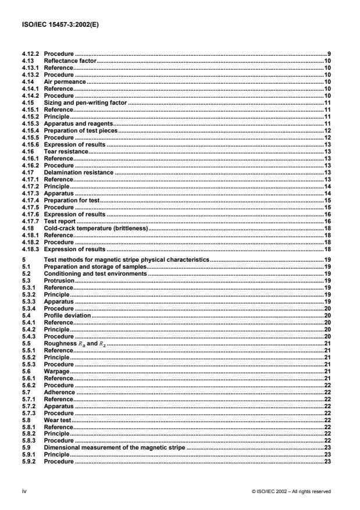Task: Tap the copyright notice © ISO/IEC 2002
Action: [291, 491]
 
